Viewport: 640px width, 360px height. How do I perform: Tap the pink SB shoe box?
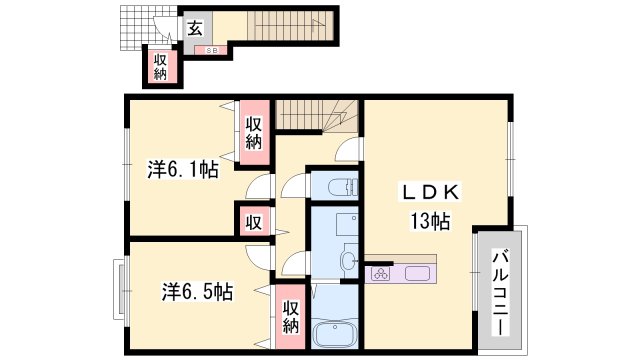(x=212, y=50)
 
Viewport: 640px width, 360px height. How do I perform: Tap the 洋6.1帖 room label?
(x=182, y=170)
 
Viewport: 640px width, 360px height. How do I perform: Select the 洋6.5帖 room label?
(x=197, y=292)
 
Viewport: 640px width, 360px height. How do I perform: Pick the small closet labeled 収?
(x=254, y=220)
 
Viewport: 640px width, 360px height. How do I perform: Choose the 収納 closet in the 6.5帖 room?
(x=290, y=317)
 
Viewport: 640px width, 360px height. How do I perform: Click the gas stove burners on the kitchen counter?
(x=381, y=272)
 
